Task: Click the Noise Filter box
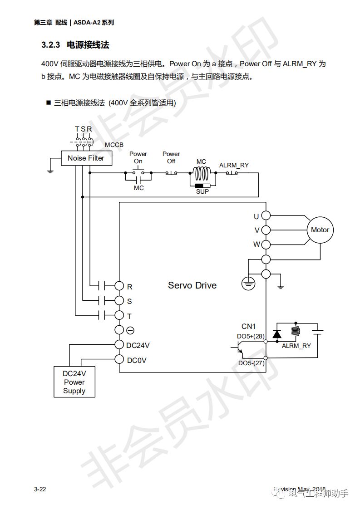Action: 86,158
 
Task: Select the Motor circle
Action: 320,230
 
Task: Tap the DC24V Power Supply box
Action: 74,382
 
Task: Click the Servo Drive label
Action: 192,285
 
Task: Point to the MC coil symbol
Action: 201,173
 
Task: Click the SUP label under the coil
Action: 202,191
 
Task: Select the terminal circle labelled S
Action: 119,300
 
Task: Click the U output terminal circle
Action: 266,215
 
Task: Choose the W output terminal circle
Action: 266,245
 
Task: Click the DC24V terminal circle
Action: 119,345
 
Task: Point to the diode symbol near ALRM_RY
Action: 276,333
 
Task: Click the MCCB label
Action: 114,145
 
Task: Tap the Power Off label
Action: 171,157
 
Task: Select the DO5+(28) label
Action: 251,336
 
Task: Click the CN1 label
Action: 249,326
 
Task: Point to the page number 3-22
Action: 40,489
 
